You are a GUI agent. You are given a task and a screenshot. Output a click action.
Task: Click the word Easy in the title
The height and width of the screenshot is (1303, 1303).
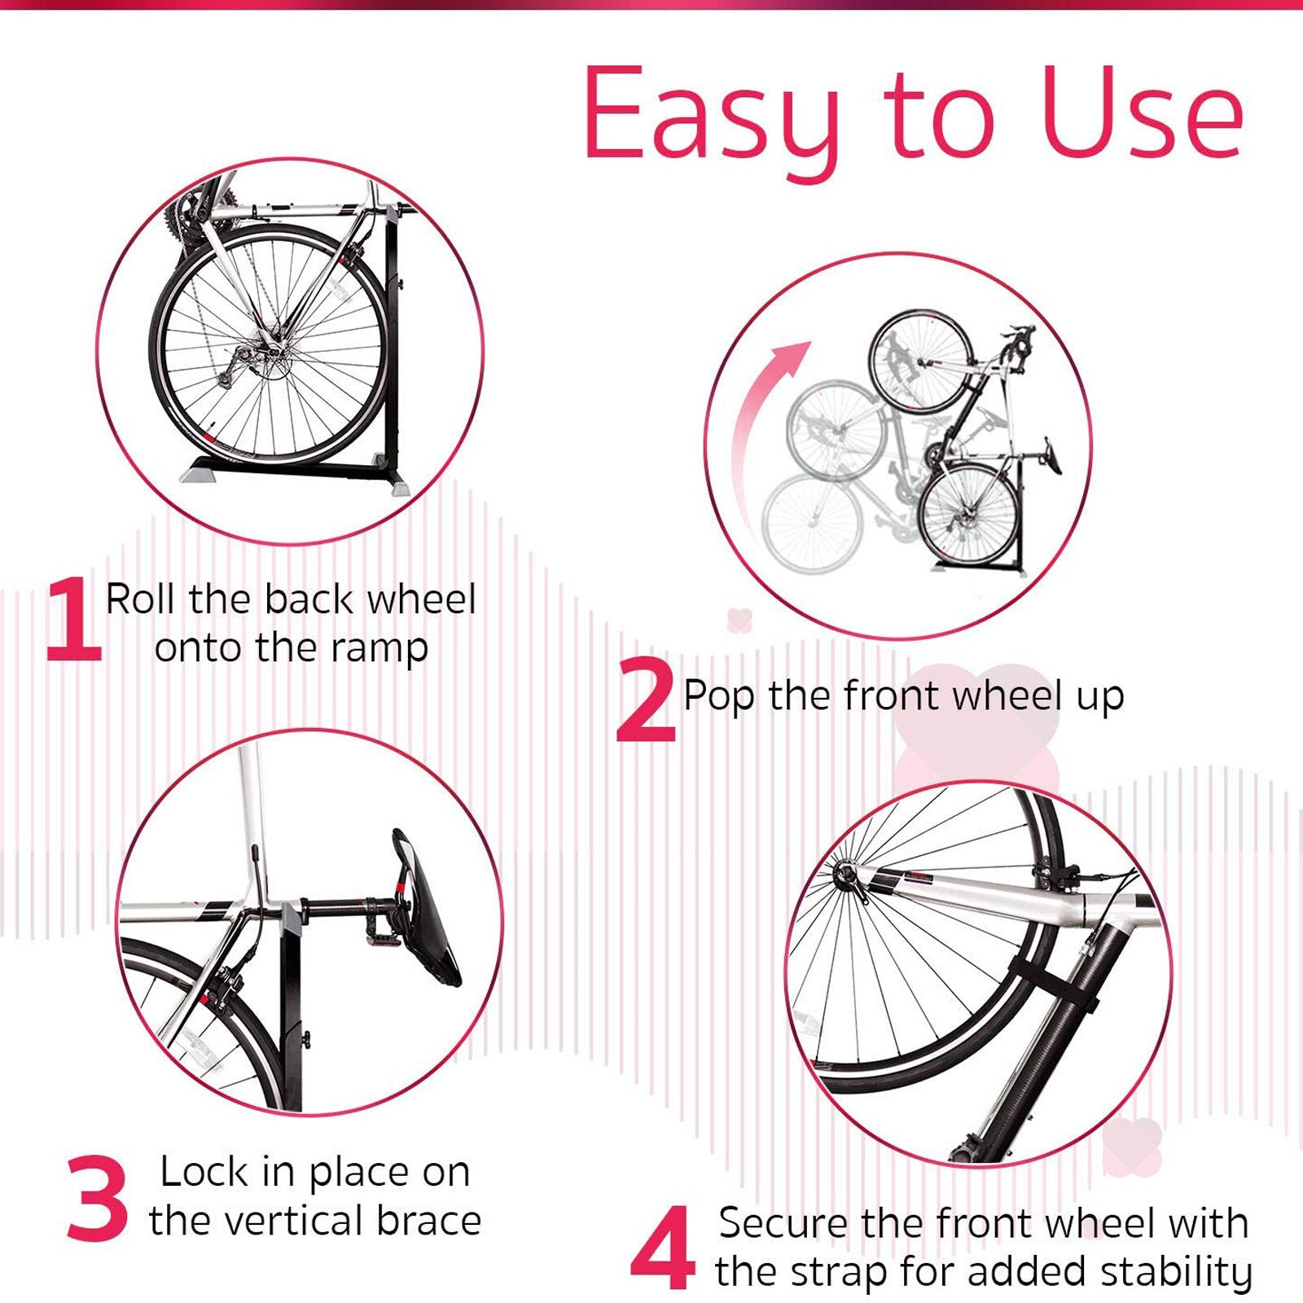pyautogui.click(x=710, y=114)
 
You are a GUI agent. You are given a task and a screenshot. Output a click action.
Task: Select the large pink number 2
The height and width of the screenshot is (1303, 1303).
pyautogui.click(x=645, y=700)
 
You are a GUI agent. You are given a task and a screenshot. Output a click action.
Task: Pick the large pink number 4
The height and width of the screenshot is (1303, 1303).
pyautogui.click(x=661, y=1248)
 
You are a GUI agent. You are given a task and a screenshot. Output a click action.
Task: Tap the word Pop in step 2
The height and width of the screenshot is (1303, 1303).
pyautogui.click(x=718, y=697)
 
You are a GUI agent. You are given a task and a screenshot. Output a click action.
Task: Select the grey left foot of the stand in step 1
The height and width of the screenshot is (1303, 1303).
pyautogui.click(x=200, y=472)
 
